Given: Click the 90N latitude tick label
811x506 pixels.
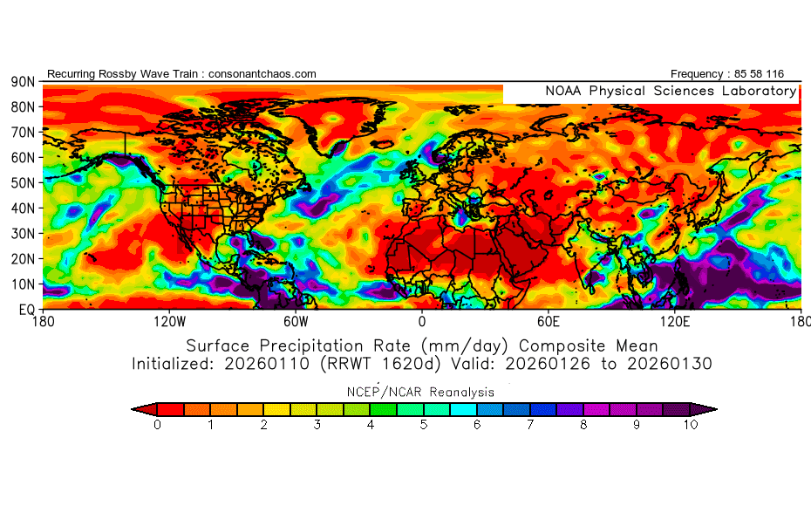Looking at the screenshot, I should [x=23, y=81].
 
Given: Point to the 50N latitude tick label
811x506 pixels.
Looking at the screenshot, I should [x=23, y=182].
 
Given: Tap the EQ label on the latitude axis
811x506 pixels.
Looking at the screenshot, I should [x=26, y=309].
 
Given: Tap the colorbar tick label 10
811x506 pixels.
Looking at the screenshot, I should [x=691, y=425].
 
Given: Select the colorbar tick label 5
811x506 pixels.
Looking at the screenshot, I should [x=424, y=425].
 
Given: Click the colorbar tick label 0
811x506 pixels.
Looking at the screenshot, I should [x=157, y=425].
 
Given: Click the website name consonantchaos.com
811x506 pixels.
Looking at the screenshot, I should [x=260, y=74].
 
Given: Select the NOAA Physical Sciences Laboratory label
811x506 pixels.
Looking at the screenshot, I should [x=671, y=91].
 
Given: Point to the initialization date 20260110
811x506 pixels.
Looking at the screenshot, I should [x=262, y=363].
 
